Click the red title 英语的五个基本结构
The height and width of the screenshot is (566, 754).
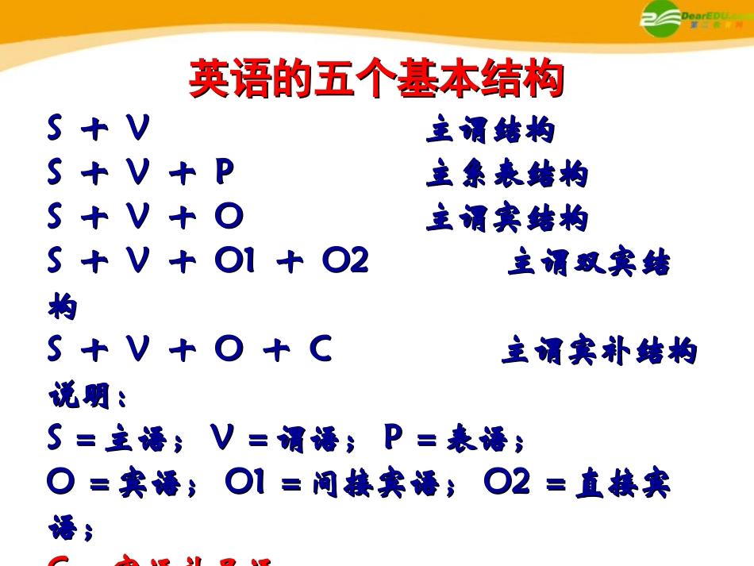[x=376, y=79]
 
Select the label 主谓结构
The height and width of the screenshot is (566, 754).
[x=490, y=131]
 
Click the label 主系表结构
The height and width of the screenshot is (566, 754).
[x=506, y=174]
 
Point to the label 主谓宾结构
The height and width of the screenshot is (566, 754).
[x=506, y=218]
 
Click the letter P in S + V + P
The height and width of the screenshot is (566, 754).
[x=225, y=173]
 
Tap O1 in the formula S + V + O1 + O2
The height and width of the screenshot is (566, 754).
[x=235, y=260]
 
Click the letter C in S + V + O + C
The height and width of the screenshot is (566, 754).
[x=320, y=349]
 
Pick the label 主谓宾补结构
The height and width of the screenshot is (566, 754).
[x=598, y=351]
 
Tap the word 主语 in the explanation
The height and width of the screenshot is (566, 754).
[x=137, y=438]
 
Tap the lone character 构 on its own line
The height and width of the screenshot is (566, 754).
[x=63, y=306]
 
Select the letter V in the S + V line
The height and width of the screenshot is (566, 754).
[x=137, y=129]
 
